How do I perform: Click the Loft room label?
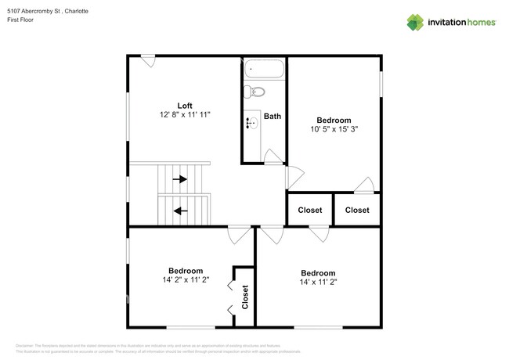coord(185,105)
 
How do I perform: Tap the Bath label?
coord(272,117)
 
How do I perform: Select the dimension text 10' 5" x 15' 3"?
coord(333,130)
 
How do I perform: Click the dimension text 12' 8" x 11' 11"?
coord(185,115)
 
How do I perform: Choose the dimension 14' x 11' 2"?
coord(317,282)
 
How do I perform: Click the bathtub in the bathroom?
coord(262,69)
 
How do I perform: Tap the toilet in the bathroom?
coord(250,92)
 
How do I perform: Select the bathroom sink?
coord(251,123)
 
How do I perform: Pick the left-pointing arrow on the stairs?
coord(181,210)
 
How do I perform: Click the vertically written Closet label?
coord(244,297)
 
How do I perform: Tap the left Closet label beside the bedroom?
coord(309,210)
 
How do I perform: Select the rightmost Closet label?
coord(357,210)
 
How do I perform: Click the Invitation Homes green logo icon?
coord(415,22)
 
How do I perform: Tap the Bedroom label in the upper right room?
coord(333,120)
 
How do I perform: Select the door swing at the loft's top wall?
coord(148,60)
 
